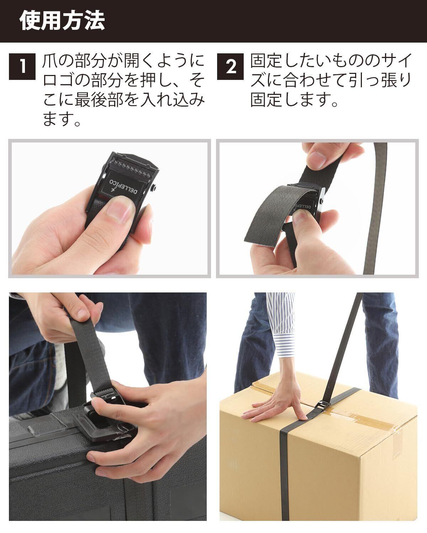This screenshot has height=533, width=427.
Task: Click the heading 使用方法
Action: click(62, 21)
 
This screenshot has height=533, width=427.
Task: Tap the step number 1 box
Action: click(22, 67)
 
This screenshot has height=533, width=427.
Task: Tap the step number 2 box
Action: click(230, 67)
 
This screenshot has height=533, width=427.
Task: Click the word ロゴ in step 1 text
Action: click(58, 80)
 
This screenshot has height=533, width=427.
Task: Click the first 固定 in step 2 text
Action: click(265, 61)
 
